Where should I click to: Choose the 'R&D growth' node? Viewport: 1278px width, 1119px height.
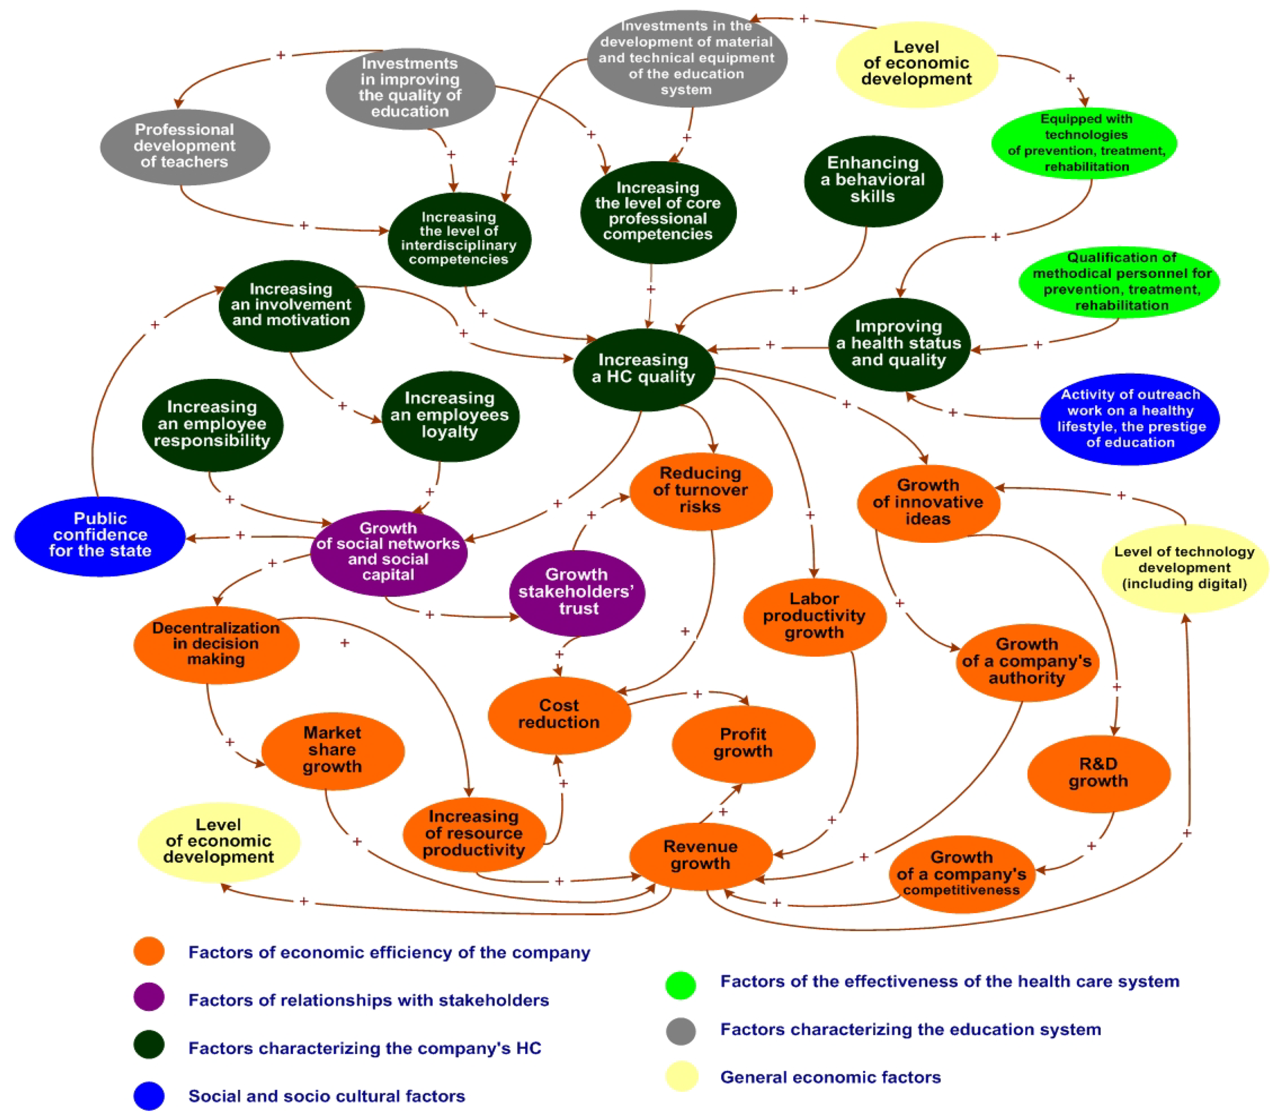1098,773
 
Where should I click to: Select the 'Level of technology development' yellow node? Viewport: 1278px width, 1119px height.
1184,568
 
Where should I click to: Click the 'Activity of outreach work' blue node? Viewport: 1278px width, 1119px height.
1130,418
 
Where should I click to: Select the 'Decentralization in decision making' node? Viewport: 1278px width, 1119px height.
216,644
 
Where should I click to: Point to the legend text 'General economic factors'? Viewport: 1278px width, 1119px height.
830,1077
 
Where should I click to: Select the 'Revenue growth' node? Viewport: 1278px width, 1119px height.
700,856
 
